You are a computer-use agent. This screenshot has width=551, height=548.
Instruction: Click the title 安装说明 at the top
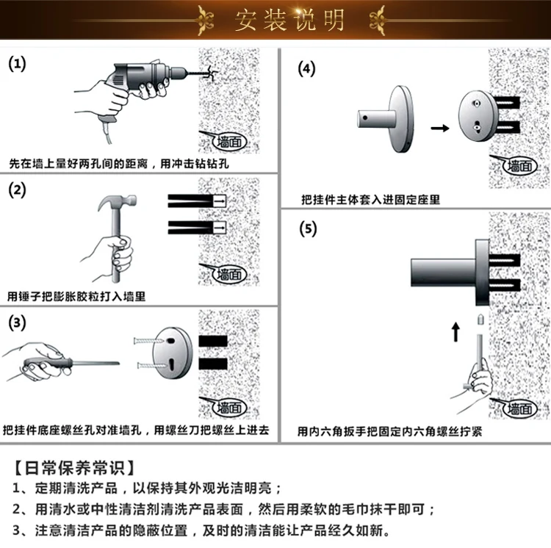289,21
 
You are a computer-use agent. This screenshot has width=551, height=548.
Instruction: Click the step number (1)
17,64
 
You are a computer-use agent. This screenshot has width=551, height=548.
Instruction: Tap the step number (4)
306,69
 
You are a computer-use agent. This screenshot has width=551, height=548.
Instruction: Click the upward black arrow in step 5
455,332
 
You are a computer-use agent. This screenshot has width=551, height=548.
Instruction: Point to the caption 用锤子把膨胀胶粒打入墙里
76,296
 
